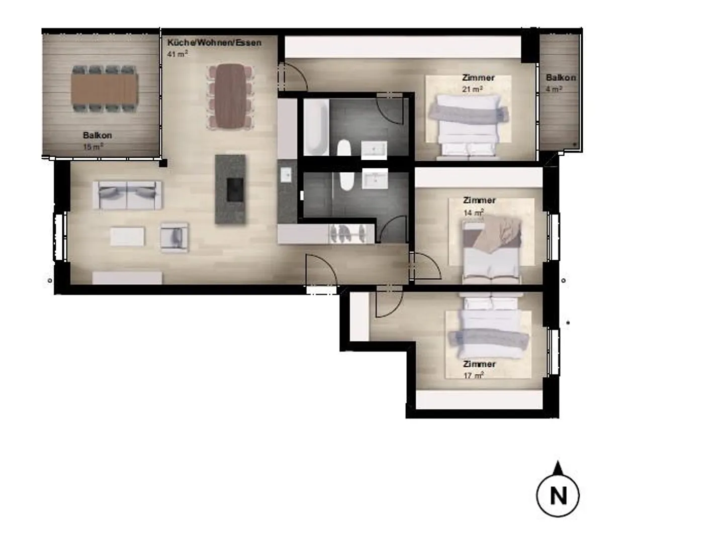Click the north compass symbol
click(x=558, y=494)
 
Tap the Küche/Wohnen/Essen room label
click(x=214, y=43)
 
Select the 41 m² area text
click(x=177, y=54)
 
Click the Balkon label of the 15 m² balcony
click(x=98, y=135)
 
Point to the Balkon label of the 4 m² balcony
click(x=561, y=77)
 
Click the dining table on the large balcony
click(x=104, y=88)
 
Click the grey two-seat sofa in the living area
click(x=128, y=195)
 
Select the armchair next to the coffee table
click(x=174, y=237)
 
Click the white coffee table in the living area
click(x=127, y=237)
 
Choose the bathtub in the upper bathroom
click(x=316, y=127)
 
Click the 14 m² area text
click(x=473, y=212)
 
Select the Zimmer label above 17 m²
click(x=479, y=364)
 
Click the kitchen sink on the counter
click(x=286, y=175)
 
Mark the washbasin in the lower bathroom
click(x=374, y=179)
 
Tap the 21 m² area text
click(x=472, y=89)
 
